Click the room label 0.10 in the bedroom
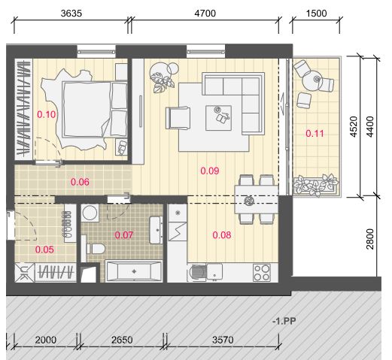pos(47,114)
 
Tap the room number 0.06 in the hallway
pos(80,182)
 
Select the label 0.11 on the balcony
pos(315,133)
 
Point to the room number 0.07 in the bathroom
pos(124,235)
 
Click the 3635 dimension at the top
pos(71,14)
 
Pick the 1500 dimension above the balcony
pos(316,14)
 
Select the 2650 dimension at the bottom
pos(122,340)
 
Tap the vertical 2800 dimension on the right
pos(369,239)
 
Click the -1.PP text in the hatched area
pos(284,321)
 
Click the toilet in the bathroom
pos(95,249)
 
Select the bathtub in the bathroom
pos(133,271)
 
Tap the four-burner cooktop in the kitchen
pos(262,273)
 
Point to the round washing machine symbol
pos(90,213)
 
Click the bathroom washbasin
pos(156,230)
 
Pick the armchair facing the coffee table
pos(178,118)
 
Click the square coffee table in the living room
pos(218,118)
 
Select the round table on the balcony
pos(311,80)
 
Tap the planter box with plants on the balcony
pos(316,186)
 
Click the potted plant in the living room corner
pos(163,77)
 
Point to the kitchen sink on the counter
pos(214,273)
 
